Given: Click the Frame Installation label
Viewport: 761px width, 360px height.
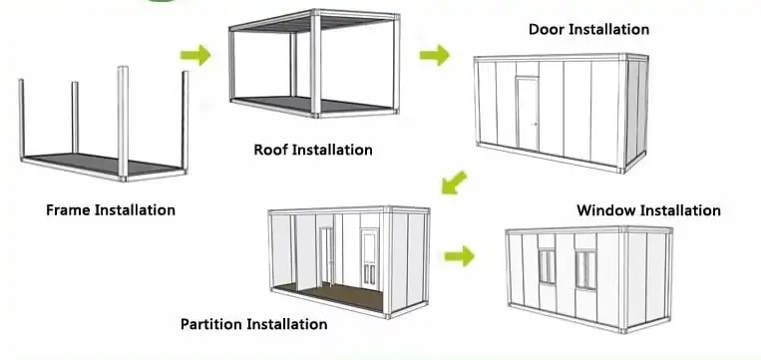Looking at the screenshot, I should tap(111, 210).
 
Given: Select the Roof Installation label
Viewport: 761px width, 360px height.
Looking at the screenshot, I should tap(313, 151).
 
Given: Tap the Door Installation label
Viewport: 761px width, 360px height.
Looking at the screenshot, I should tap(588, 29).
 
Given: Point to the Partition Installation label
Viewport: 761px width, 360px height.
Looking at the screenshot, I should tap(253, 324).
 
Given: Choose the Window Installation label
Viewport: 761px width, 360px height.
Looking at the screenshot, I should tap(648, 210).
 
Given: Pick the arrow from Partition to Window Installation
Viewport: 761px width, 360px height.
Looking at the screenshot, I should tap(460, 256).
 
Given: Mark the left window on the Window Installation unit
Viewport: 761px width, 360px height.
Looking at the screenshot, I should tap(547, 266).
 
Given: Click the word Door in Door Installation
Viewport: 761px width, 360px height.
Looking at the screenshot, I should tap(547, 29).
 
